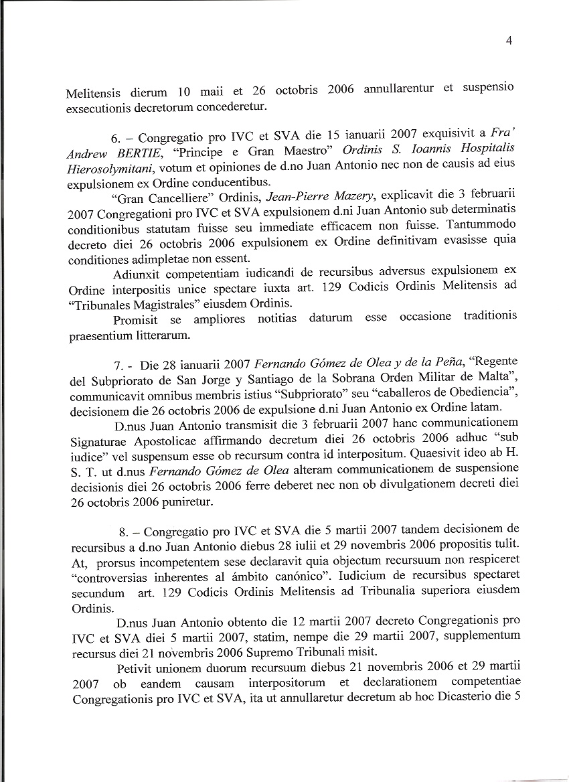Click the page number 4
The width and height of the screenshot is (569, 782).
pos(509,41)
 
